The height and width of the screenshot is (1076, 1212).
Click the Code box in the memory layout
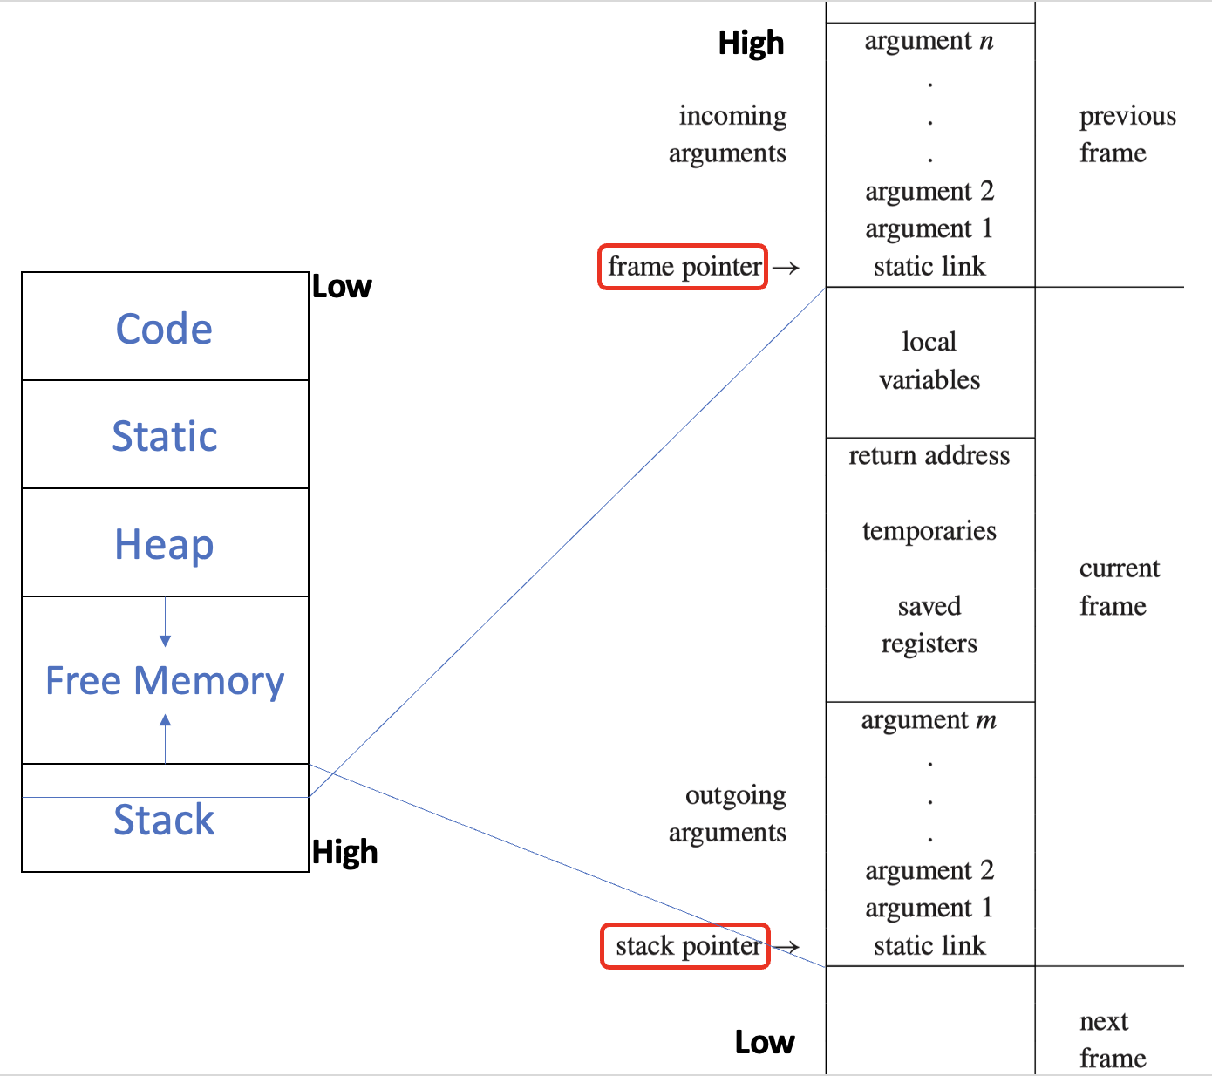pyautogui.click(x=165, y=326)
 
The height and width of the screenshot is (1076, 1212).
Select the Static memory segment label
pyautogui.click(x=165, y=436)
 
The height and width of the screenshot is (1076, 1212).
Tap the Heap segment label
pyautogui.click(x=164, y=545)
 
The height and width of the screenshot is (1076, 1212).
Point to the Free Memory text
pyautogui.click(x=165, y=681)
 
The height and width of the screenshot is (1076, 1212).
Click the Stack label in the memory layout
pyautogui.click(x=164, y=820)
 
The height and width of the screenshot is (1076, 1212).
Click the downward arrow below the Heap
pyautogui.click(x=165, y=621)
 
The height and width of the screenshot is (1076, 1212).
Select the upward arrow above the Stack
pyautogui.click(x=165, y=739)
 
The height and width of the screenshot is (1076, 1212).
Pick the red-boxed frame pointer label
pyautogui.click(x=683, y=267)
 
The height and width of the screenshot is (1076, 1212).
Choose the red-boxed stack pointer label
pyautogui.click(x=685, y=946)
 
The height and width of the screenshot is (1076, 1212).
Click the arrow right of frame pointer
pyautogui.click(x=786, y=268)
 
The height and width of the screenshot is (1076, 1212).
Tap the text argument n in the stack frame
pyautogui.click(x=929, y=41)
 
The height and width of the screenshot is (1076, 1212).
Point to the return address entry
pyautogui.click(x=929, y=456)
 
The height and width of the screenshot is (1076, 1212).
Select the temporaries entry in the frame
pyautogui.click(x=929, y=531)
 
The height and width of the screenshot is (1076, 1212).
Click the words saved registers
pyautogui.click(x=929, y=625)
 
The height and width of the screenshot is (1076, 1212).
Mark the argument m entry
pyautogui.click(x=929, y=720)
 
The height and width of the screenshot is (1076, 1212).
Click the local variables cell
pyautogui.click(x=929, y=362)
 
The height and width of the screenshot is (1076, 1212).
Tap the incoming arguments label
pyautogui.click(x=728, y=134)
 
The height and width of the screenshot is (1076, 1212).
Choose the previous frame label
pyautogui.click(x=1127, y=134)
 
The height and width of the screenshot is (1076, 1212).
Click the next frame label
pyautogui.click(x=1113, y=1040)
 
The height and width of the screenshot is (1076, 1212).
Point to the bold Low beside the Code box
pyautogui.click(x=342, y=287)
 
